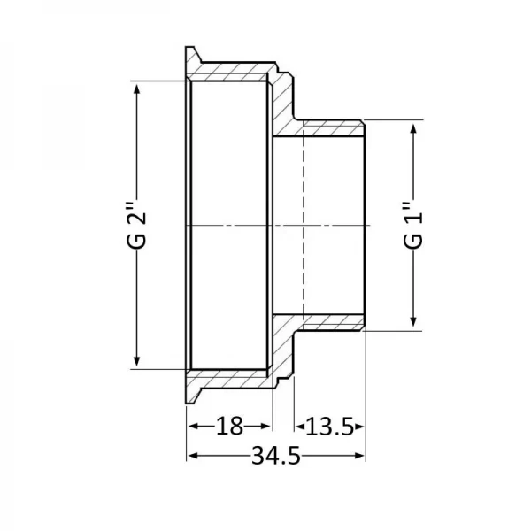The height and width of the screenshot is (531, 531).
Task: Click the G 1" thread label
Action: (413, 227)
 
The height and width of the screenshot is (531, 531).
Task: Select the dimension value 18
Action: (229, 427)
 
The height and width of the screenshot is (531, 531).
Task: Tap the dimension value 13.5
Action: (330, 427)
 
